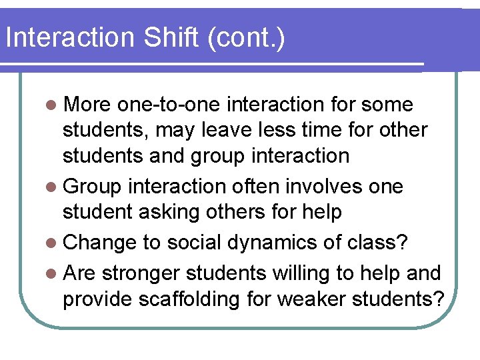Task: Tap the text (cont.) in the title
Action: coord(246,39)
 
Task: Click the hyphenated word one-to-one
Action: coord(171,105)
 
